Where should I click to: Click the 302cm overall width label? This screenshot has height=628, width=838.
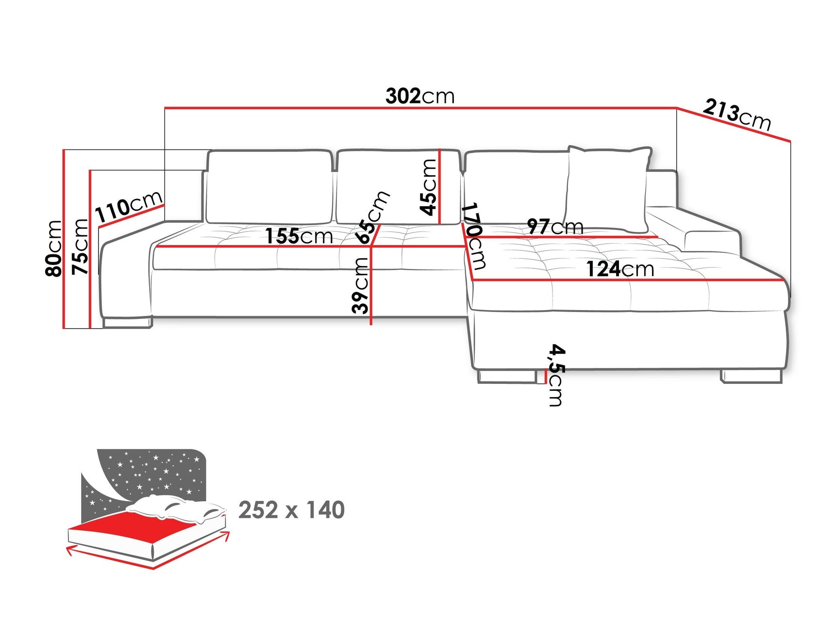tap(420, 96)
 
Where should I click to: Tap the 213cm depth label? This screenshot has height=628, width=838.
tap(737, 115)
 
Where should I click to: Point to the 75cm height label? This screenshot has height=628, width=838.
tap(80, 247)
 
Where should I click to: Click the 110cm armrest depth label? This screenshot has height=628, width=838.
tap(128, 206)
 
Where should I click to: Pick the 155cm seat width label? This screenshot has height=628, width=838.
tap(299, 236)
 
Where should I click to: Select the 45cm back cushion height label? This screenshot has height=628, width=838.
tap(429, 187)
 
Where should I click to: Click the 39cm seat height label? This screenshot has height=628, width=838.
tap(360, 285)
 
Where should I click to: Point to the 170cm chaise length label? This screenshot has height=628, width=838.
tap(473, 236)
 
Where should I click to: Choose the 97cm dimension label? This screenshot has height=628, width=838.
tap(555, 227)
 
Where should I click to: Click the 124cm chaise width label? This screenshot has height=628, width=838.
tap(620, 269)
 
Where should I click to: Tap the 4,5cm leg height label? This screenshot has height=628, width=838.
tap(556, 375)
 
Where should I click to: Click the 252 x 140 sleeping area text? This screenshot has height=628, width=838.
tap(291, 510)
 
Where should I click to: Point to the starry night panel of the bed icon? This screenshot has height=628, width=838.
tap(151, 473)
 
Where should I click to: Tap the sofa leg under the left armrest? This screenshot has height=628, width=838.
tap(127, 322)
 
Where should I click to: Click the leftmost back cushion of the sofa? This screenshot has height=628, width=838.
tap(269, 187)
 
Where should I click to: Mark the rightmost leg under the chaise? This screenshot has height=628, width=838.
tap(751, 376)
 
